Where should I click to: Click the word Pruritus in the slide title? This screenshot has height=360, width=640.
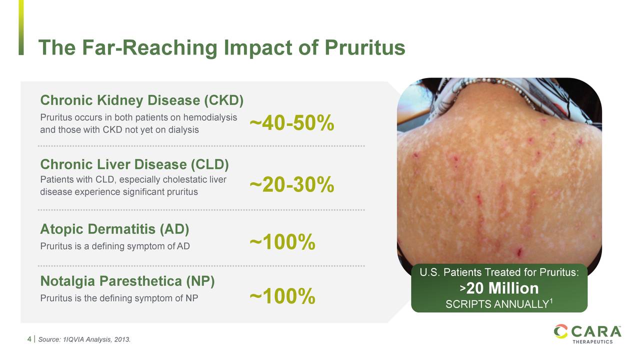[365, 47]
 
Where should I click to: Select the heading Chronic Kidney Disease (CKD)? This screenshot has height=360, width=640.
[141, 100]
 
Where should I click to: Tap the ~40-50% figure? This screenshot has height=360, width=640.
[291, 123]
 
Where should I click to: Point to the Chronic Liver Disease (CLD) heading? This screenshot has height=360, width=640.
[134, 164]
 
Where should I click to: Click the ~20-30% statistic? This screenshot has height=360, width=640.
[291, 184]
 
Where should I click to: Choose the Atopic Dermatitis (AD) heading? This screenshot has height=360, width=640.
[114, 229]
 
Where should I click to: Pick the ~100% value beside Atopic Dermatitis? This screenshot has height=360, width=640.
[282, 242]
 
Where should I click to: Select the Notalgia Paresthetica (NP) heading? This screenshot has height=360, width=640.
[127, 281]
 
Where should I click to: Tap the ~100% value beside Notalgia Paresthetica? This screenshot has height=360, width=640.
[282, 296]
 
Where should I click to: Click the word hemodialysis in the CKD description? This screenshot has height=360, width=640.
[210, 117]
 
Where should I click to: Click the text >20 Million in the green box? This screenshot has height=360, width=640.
[499, 288]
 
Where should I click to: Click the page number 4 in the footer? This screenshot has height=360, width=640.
[29, 339]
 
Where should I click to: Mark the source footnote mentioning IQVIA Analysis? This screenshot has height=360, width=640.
[84, 339]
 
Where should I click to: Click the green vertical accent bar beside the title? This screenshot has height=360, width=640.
[21, 27]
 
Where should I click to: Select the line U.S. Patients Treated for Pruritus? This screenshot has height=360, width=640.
[499, 272]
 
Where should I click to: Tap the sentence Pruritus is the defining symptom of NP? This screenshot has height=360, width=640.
[119, 298]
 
